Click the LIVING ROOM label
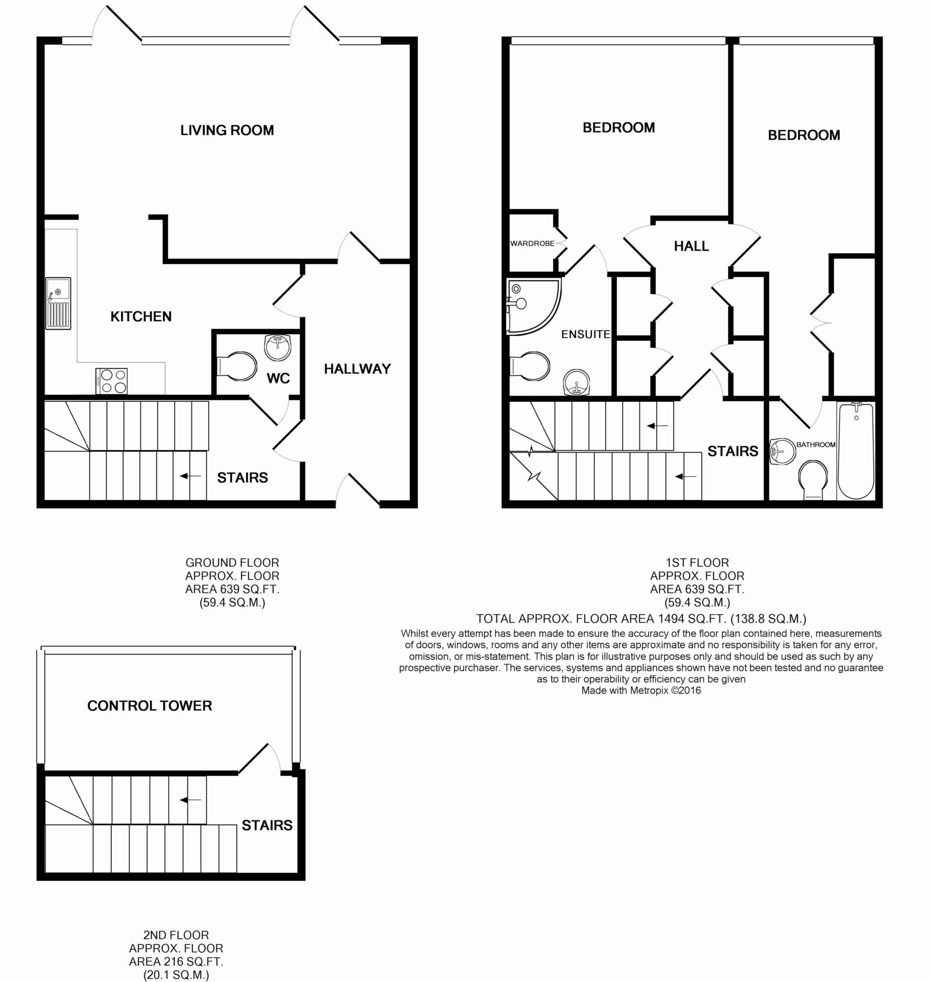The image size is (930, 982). click(227, 130)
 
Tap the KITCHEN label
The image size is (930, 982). click(141, 316)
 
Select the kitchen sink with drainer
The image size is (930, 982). click(59, 304)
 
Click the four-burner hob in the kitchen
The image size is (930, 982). click(112, 381)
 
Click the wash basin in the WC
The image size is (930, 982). click(278, 347)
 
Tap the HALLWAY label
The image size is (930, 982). click(357, 369)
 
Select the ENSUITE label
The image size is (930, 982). click(586, 335)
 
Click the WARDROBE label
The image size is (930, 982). click(532, 244)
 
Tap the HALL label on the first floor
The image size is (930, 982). click(691, 246)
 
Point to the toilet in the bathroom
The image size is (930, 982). click(813, 480)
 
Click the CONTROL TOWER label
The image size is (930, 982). click(150, 706)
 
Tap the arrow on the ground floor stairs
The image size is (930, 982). click(190, 476)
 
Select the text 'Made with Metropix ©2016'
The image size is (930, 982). click(641, 690)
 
